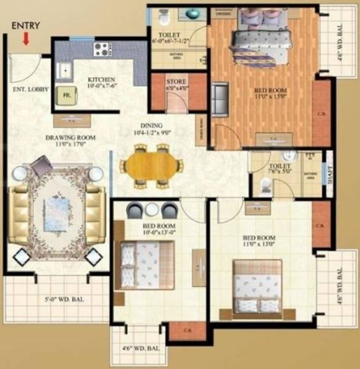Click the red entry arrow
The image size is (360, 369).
click(26, 39)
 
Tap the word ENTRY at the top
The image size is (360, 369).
click(26, 26)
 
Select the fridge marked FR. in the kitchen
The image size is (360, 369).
click(65, 95)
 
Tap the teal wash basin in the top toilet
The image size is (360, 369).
click(193, 13)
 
